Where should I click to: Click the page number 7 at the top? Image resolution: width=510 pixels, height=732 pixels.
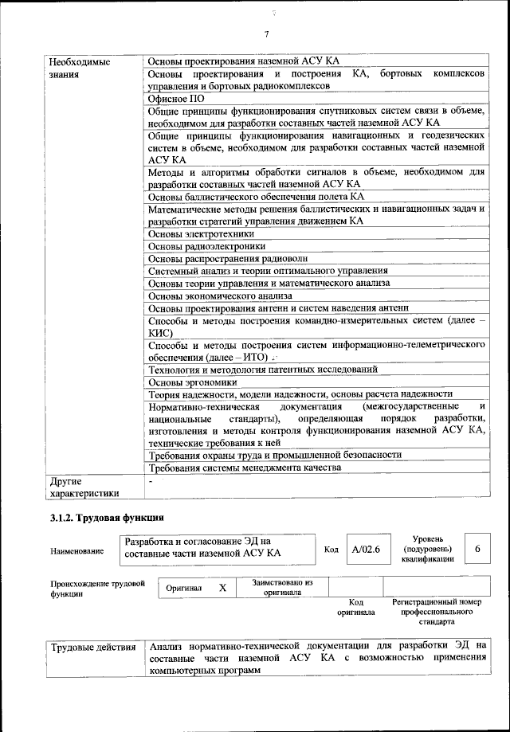pos(267,33)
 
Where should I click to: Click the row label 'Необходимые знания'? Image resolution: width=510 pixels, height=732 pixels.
pos(80,68)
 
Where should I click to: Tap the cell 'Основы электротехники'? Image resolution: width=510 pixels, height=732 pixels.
pos(202,234)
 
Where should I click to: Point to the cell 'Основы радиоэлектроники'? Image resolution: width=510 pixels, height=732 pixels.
pos(206,246)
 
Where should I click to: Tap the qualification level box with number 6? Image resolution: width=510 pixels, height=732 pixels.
pos(477,549)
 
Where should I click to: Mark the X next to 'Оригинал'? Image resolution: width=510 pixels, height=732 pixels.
pos(223,587)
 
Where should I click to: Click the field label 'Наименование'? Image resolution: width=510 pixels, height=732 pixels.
pos(77,550)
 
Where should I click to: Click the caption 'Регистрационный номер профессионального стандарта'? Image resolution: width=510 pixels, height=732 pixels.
pos(437,611)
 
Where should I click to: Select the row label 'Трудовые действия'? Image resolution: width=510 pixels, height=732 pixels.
pos(93,646)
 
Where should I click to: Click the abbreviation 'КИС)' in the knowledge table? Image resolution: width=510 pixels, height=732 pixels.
pos(162,333)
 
